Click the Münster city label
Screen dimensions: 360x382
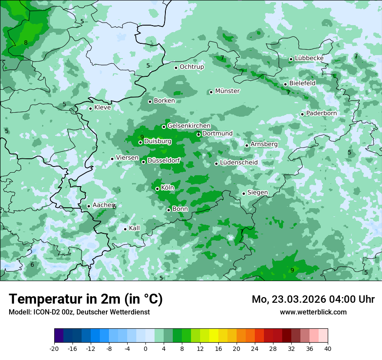click(x=227, y=91)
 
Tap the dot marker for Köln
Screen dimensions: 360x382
click(x=158, y=189)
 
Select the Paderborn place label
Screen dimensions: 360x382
click(x=321, y=113)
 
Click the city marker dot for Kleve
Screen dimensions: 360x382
click(x=91, y=108)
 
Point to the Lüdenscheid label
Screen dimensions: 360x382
click(x=239, y=163)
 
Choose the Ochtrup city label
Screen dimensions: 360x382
click(x=191, y=67)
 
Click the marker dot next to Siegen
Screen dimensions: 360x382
click(x=244, y=193)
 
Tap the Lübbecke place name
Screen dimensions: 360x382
click(x=309, y=58)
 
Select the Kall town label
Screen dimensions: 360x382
click(x=135, y=228)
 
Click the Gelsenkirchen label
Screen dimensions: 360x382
click(x=189, y=126)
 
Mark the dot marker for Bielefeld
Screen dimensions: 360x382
click(x=286, y=84)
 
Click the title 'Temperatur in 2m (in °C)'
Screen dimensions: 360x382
click(x=86, y=299)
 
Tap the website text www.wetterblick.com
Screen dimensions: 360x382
click(x=313, y=312)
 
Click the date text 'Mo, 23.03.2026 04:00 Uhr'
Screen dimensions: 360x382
click(x=313, y=299)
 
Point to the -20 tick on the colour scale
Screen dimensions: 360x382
click(x=54, y=348)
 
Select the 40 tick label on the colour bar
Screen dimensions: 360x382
click(x=327, y=348)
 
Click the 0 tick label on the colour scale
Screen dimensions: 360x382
click(x=145, y=348)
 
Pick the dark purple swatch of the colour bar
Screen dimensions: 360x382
click(x=59, y=336)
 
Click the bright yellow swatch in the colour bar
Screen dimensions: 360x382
click(x=214, y=336)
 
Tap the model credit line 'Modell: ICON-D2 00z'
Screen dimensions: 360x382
click(x=79, y=312)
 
